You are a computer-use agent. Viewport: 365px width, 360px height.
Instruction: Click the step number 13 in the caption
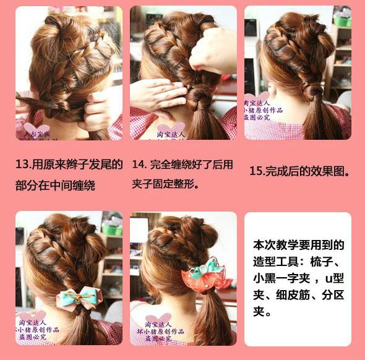(23, 165)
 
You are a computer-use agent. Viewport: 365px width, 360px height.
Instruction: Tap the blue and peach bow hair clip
(79, 298)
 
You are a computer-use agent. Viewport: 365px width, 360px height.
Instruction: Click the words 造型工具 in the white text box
(277, 261)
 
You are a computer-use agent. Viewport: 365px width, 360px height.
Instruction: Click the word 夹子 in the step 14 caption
(143, 184)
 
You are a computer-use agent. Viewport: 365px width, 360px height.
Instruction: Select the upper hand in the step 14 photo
(213, 49)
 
